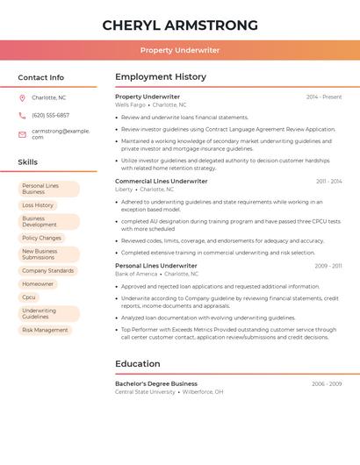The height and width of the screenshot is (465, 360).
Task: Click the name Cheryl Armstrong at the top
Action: [x=180, y=25]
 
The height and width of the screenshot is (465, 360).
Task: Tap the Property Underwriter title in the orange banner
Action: [x=180, y=50]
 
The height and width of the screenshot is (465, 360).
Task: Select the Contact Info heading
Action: [x=41, y=77]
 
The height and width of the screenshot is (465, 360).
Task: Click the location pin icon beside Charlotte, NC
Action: [x=22, y=97]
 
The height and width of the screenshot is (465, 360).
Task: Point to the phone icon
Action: [x=22, y=115]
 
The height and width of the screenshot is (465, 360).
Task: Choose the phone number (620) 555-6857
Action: [x=50, y=115]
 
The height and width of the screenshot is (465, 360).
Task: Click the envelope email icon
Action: [x=22, y=134]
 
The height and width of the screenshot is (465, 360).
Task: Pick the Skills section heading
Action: [x=28, y=162]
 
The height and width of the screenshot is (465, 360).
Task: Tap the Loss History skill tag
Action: [x=38, y=205]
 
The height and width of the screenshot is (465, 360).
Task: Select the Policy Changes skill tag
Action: [x=41, y=238]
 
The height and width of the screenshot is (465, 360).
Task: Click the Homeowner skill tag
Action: [x=38, y=284]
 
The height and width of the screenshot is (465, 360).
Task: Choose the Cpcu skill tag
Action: [x=29, y=297]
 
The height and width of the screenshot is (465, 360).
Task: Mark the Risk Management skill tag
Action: [x=45, y=330]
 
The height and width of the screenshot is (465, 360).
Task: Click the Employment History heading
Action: [x=161, y=77]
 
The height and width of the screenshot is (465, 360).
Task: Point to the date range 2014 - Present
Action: [x=324, y=97]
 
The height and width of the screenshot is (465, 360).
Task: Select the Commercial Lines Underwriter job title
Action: [x=162, y=181]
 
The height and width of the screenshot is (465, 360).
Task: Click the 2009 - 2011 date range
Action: [x=328, y=266]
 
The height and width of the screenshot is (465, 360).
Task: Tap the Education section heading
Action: [x=138, y=364]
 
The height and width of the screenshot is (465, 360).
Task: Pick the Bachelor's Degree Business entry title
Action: [x=156, y=383]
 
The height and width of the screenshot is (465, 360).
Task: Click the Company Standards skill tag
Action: [x=47, y=271]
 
